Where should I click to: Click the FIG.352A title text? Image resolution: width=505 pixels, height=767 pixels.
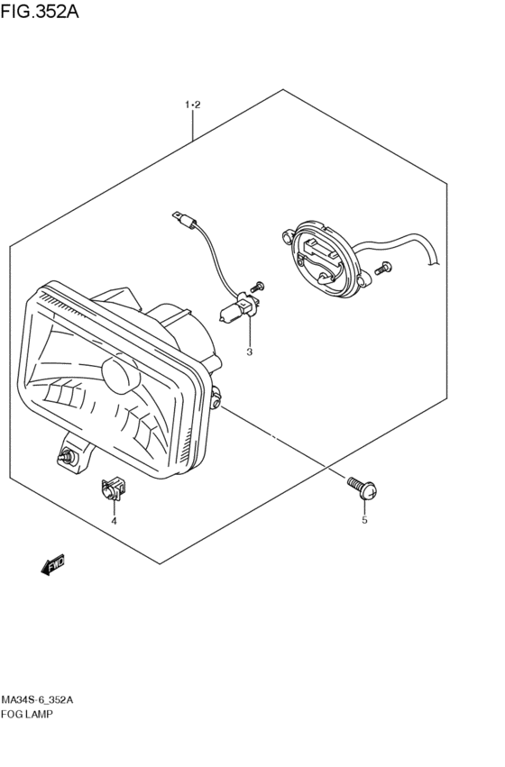tap(39, 11)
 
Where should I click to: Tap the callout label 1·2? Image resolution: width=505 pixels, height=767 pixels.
tap(193, 105)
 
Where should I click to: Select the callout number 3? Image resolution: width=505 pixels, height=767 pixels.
tap(249, 352)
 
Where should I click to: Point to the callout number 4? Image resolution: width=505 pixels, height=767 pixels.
tap(114, 521)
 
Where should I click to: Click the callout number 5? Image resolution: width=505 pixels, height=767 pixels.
tap(364, 520)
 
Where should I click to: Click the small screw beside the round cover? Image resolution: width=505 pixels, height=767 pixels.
tap(382, 268)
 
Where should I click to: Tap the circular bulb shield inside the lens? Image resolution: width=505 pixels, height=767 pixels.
tap(120, 375)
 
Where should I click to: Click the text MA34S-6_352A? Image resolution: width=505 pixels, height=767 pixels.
tap(37, 700)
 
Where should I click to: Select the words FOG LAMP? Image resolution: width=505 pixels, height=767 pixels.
tap(27, 714)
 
